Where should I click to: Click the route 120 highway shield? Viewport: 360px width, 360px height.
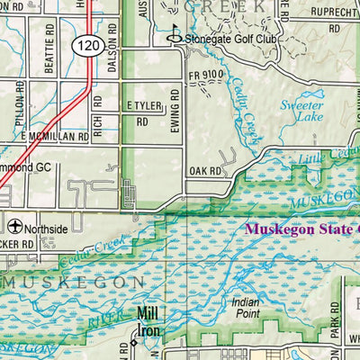(88, 46)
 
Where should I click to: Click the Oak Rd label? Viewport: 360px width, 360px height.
(205, 170)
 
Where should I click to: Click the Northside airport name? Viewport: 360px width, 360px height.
(45, 229)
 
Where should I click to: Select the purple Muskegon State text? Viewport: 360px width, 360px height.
(301, 229)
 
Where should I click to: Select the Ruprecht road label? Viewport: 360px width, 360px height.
(334, 12)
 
